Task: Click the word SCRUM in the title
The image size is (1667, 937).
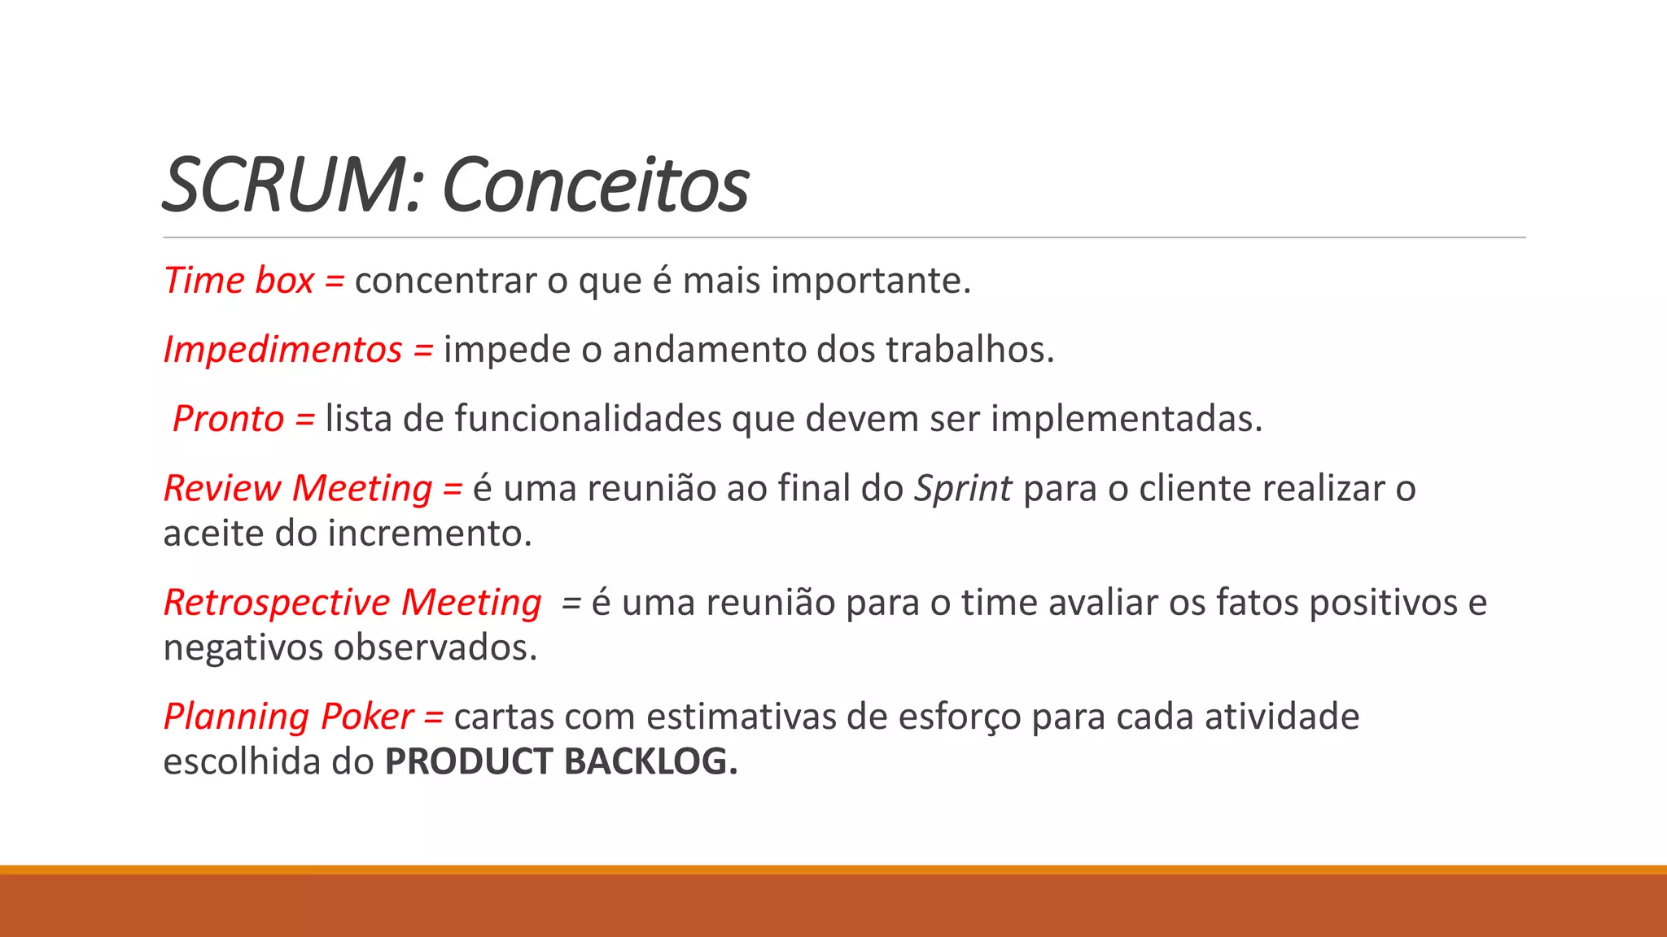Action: (x=290, y=185)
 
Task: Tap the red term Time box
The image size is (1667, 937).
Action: (x=238, y=281)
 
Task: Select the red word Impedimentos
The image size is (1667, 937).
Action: (x=282, y=350)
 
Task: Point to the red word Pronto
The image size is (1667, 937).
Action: (x=228, y=419)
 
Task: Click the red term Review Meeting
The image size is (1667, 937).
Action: (x=298, y=488)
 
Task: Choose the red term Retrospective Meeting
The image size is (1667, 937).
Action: (x=352, y=603)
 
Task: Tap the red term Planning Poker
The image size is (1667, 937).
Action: (x=289, y=717)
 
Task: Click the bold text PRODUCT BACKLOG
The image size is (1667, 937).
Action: (x=561, y=762)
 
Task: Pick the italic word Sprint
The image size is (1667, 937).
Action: (x=963, y=489)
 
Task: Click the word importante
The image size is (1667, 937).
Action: (x=870, y=281)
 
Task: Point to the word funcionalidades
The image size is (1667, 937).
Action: (x=588, y=419)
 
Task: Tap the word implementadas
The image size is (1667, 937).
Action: (x=1126, y=419)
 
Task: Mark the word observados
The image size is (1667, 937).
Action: (x=435, y=648)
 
